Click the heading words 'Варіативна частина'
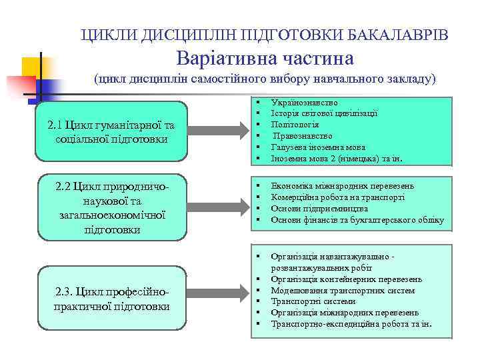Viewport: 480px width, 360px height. [x=265, y=58]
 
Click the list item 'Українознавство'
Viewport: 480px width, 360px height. [x=304, y=103]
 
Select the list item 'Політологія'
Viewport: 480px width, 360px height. [x=295, y=125]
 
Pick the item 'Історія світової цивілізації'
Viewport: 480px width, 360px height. [x=324, y=114]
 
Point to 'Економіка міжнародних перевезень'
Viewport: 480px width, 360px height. [x=343, y=185]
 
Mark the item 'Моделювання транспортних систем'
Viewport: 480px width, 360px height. [x=343, y=291]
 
